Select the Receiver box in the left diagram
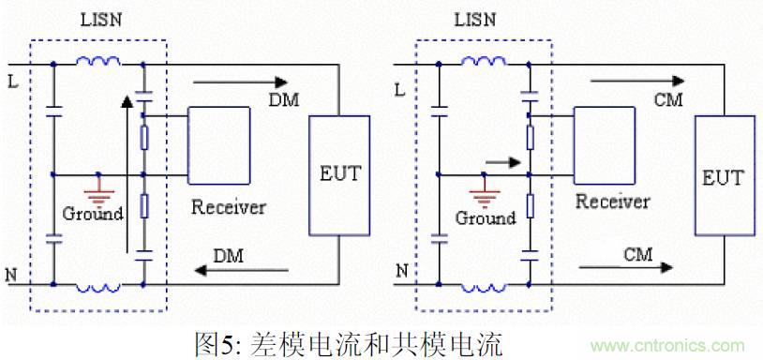pyautogui.click(x=218, y=144)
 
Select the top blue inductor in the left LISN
pyautogui.click(x=97, y=64)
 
